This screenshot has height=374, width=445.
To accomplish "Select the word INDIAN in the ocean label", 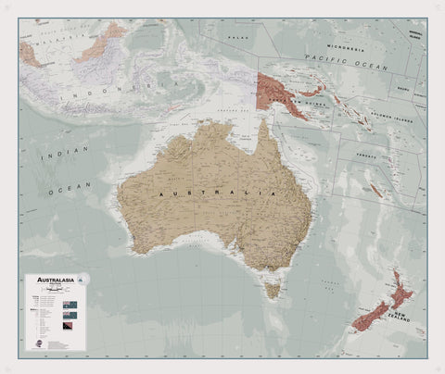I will pyautogui.click(x=57, y=154).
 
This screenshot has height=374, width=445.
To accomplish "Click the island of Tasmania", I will pyautogui.click(x=272, y=290).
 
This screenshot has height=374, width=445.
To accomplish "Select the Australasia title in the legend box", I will pyautogui.click(x=53, y=280).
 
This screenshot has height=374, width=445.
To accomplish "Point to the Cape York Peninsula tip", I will pyautogui.click(x=261, y=121).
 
